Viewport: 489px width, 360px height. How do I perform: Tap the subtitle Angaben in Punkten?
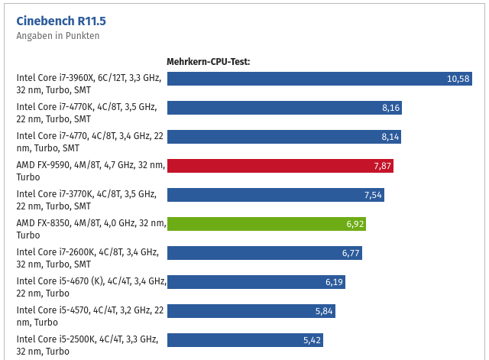(58, 35)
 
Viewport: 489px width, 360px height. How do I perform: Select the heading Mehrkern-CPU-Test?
(209, 61)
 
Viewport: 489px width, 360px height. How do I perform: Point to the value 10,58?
(458, 79)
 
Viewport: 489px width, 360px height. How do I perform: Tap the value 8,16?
(390, 108)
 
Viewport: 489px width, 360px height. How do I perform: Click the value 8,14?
(390, 137)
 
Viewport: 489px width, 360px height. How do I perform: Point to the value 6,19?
(335, 282)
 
